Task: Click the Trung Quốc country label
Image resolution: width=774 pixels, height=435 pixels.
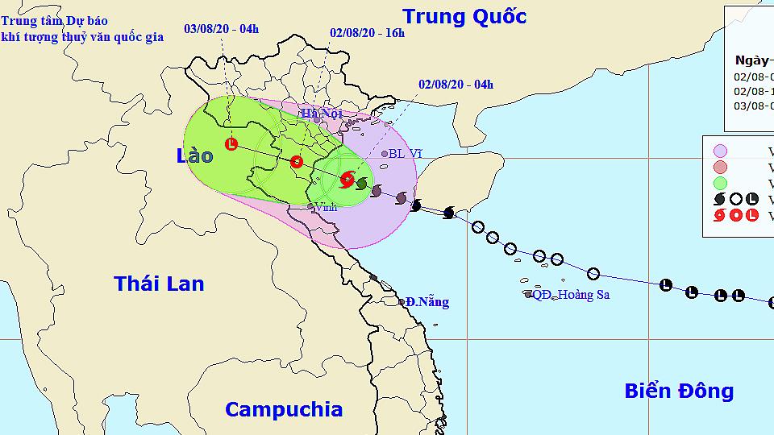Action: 464,16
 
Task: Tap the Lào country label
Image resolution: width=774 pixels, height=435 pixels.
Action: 194,155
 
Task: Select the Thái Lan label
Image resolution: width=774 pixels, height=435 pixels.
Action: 159,284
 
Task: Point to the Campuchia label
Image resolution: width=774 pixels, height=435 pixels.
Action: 283,409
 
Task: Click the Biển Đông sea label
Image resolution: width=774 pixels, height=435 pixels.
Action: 679,391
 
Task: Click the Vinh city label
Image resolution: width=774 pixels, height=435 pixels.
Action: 326,207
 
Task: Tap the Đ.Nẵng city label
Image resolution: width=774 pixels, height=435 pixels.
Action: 427,302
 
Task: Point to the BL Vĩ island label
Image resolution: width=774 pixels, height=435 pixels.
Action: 406,153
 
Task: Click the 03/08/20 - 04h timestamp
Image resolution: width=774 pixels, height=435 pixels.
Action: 222,29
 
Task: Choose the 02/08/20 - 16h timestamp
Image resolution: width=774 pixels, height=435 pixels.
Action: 368,33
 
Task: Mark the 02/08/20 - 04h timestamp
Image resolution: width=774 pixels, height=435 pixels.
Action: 456,84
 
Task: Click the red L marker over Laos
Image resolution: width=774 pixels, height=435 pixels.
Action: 232,145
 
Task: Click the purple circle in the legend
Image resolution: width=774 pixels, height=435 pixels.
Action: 720,151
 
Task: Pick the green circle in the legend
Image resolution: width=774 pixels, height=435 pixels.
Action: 720,183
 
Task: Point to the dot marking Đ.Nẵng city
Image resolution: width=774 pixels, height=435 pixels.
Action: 402,302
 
